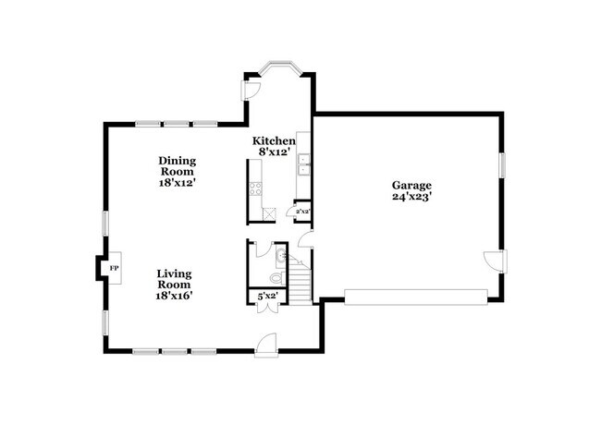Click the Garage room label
(411, 185)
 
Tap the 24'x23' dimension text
(411, 197)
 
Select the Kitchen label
(275, 140)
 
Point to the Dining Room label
(176, 165)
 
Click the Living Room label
(173, 279)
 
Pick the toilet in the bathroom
(275, 278)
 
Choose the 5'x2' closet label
(267, 297)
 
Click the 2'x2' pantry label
(301, 212)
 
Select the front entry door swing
(265, 341)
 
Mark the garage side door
(496, 260)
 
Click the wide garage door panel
(415, 296)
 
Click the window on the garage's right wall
(504, 164)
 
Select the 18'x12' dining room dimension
(176, 183)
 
